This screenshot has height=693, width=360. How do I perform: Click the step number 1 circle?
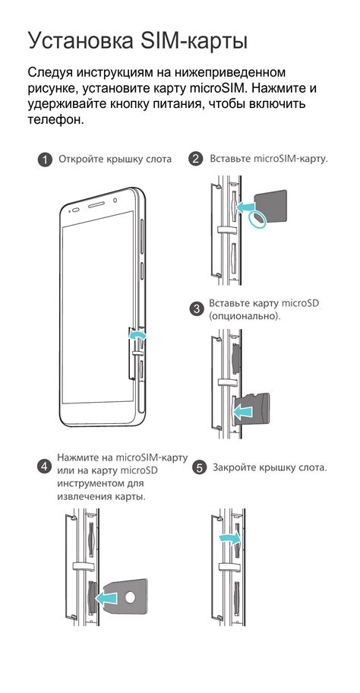point(46,160)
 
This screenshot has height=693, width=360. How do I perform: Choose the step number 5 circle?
point(200,468)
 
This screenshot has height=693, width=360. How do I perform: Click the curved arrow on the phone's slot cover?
point(136,334)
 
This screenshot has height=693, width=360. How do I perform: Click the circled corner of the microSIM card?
point(259,219)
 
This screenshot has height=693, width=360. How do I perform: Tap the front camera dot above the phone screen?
point(112,203)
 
